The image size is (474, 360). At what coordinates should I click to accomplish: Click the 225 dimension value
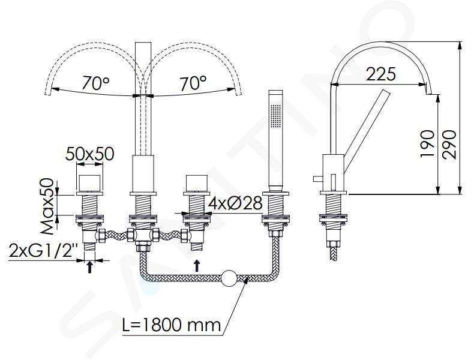(x=380, y=74)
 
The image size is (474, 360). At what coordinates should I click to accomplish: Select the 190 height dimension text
(x=427, y=144)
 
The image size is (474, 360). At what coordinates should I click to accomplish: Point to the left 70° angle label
(x=96, y=83)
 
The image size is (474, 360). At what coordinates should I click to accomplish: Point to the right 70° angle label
(x=193, y=83)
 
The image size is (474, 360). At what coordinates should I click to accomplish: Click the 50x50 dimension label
(x=90, y=154)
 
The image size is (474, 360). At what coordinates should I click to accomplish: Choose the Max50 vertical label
(x=47, y=206)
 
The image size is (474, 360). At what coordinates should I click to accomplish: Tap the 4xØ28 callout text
(x=235, y=203)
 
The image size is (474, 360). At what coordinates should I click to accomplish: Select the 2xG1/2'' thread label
(x=44, y=250)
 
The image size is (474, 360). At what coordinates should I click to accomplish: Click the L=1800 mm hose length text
(x=172, y=325)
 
